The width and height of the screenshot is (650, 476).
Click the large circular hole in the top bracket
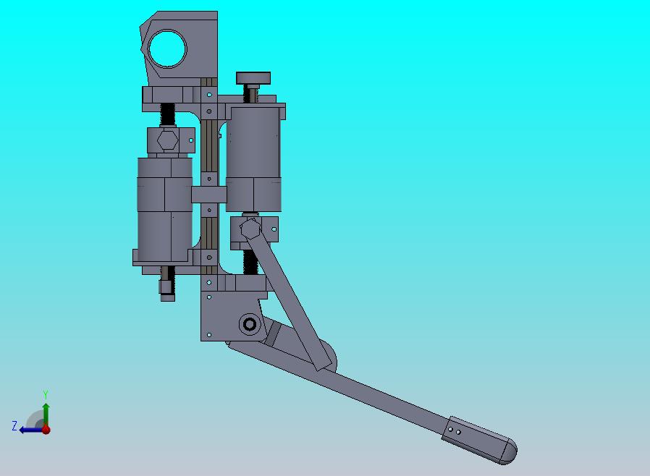[x=167, y=48]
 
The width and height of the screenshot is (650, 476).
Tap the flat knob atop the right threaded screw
[x=253, y=78]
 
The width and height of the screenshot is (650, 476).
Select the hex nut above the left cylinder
[x=167, y=140]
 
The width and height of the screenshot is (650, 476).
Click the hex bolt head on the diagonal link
[x=250, y=229]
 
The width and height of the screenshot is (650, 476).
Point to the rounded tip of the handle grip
[x=510, y=451]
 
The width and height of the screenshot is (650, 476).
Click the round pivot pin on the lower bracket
[x=250, y=324]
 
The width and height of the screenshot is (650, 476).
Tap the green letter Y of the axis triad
[x=46, y=394]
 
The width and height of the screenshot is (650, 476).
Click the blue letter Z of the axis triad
[x=14, y=425]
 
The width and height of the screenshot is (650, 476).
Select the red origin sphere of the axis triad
[x=46, y=430]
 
